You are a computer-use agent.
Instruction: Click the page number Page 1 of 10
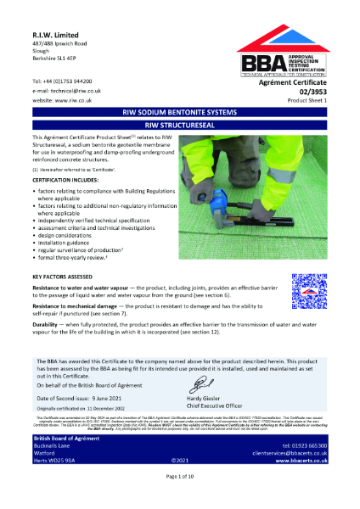[x=180, y=501]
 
